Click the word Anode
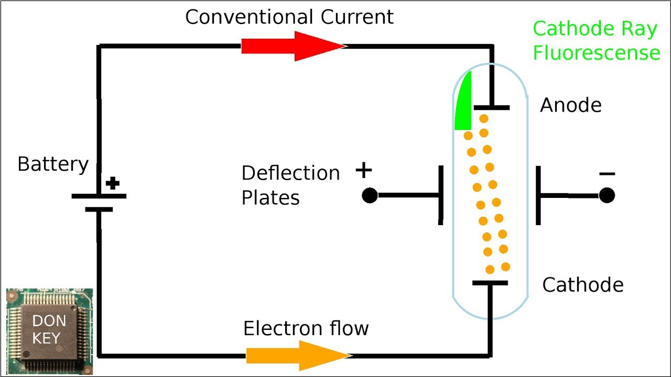[x=570, y=105]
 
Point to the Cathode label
[x=582, y=285]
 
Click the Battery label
[x=53, y=164]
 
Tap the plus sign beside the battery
[x=113, y=183]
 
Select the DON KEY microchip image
[x=50, y=331]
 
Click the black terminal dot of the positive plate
[x=370, y=195]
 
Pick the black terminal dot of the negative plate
[x=607, y=195]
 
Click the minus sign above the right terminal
[x=607, y=174]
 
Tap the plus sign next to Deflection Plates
[x=363, y=170]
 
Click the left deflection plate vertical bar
[x=441, y=195]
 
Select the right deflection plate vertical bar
[x=538, y=195]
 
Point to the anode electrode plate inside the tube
[x=491, y=107]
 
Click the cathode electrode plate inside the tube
[x=490, y=283]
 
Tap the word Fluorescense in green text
[x=596, y=53]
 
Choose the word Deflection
[x=290, y=173]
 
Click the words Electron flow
[x=306, y=328]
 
